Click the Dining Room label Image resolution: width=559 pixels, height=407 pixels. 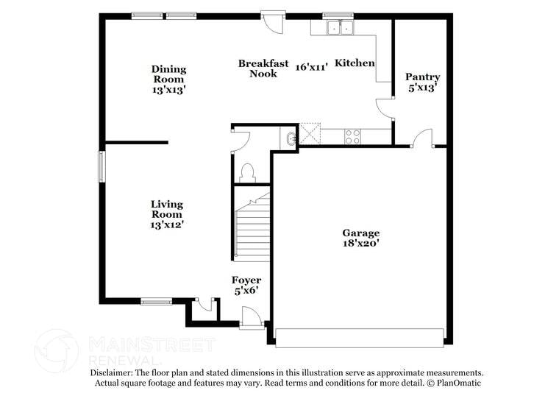point(169,74)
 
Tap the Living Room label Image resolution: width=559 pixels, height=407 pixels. point(167,209)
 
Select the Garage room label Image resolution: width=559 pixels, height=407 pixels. point(360,233)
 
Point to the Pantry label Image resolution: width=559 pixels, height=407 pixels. point(423,77)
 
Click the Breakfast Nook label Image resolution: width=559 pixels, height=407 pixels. point(263,68)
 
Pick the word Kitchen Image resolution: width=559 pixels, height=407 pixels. point(355,64)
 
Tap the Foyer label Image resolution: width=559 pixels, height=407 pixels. point(246,280)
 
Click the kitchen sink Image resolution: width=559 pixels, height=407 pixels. point(341,28)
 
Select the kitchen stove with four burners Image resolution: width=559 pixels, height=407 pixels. point(353,136)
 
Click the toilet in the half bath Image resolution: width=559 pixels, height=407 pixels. point(248,172)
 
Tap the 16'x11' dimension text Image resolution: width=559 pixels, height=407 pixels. point(311,67)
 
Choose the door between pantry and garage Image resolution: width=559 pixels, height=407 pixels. point(422,138)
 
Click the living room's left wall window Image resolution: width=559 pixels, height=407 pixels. point(103,165)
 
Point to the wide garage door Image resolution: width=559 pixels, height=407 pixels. point(360,337)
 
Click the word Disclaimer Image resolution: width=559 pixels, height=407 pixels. point(114,373)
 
